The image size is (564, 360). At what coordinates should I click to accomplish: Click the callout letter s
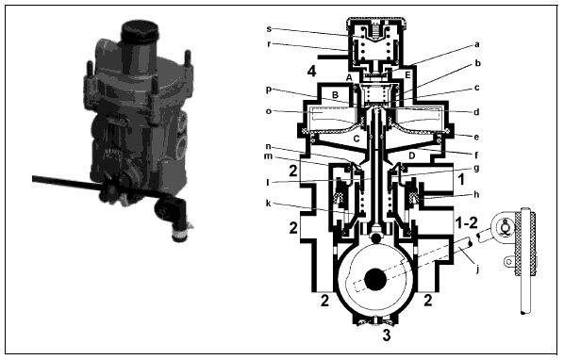point(269,29)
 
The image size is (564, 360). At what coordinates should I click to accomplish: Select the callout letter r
point(269,44)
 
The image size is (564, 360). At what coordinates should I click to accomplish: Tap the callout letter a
point(477,45)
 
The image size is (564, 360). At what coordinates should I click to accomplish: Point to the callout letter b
point(477,63)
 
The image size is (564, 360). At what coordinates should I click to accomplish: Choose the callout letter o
point(269,111)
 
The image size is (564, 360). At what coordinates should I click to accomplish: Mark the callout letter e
point(476,137)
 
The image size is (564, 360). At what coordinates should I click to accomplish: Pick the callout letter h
point(476,194)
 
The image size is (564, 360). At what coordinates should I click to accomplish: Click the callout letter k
point(269,204)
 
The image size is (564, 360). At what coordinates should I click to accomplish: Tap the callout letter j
point(477,269)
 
